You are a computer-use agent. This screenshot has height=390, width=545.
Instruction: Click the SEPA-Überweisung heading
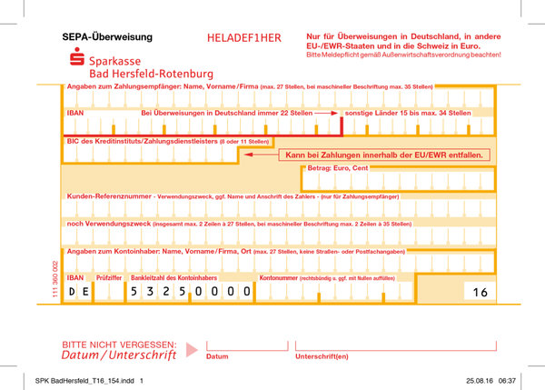107,38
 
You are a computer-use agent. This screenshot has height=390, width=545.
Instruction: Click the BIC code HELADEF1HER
244,38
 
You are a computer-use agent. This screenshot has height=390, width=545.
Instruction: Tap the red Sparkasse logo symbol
77,60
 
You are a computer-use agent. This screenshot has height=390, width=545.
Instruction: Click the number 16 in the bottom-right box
480,292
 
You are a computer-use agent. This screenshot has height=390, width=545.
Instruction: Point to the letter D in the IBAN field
73,292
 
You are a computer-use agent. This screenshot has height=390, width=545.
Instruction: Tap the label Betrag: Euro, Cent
337,169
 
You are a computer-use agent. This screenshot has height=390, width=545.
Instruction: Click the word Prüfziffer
110,276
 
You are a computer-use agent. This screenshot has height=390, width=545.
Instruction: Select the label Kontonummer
279,276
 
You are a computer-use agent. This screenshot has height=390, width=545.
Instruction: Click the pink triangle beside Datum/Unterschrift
191,349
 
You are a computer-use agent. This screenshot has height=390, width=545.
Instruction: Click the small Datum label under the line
217,356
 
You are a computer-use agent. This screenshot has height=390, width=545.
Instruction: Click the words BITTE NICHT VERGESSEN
118,345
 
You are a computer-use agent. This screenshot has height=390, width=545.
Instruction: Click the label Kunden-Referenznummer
109,195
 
